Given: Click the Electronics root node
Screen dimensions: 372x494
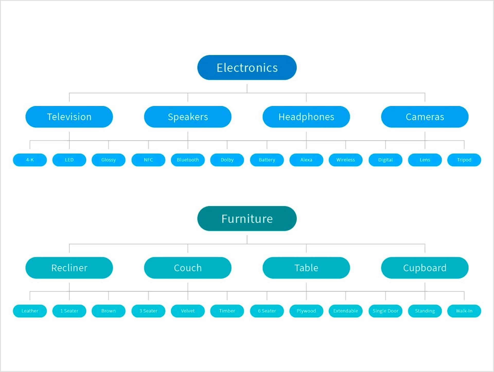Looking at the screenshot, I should tap(247, 67).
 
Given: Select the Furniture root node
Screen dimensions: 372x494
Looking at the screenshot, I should tap(247, 219).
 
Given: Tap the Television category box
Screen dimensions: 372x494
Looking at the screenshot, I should tap(69, 117).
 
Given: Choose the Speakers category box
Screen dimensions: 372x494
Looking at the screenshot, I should tap(188, 117).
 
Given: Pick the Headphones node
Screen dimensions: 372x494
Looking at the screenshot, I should tap(306, 117).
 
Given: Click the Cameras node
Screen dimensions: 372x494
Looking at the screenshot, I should tap(425, 117).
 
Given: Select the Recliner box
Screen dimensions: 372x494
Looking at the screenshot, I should tap(69, 268).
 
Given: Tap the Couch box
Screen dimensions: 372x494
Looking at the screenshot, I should tap(188, 268).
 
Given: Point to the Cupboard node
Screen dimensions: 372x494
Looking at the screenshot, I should tap(425, 268).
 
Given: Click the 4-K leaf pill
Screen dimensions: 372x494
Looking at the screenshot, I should tap(30, 160).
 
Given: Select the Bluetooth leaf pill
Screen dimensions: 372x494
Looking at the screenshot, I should tap(188, 160).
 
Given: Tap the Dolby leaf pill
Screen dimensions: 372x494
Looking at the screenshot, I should tap(227, 160).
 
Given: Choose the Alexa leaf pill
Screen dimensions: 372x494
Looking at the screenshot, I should tap(306, 160).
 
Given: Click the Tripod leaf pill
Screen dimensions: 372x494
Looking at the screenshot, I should tap(464, 160).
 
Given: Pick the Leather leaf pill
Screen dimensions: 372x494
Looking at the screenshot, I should tap(30, 311).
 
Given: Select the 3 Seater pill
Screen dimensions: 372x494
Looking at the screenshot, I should tap(148, 311).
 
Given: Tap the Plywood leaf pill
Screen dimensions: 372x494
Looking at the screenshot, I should tap(306, 311).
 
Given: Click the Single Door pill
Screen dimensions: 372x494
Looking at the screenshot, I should tap(385, 311).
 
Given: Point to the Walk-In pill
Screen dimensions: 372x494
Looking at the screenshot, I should tap(464, 311).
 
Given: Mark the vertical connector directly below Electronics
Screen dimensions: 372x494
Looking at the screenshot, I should tap(247, 88).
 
